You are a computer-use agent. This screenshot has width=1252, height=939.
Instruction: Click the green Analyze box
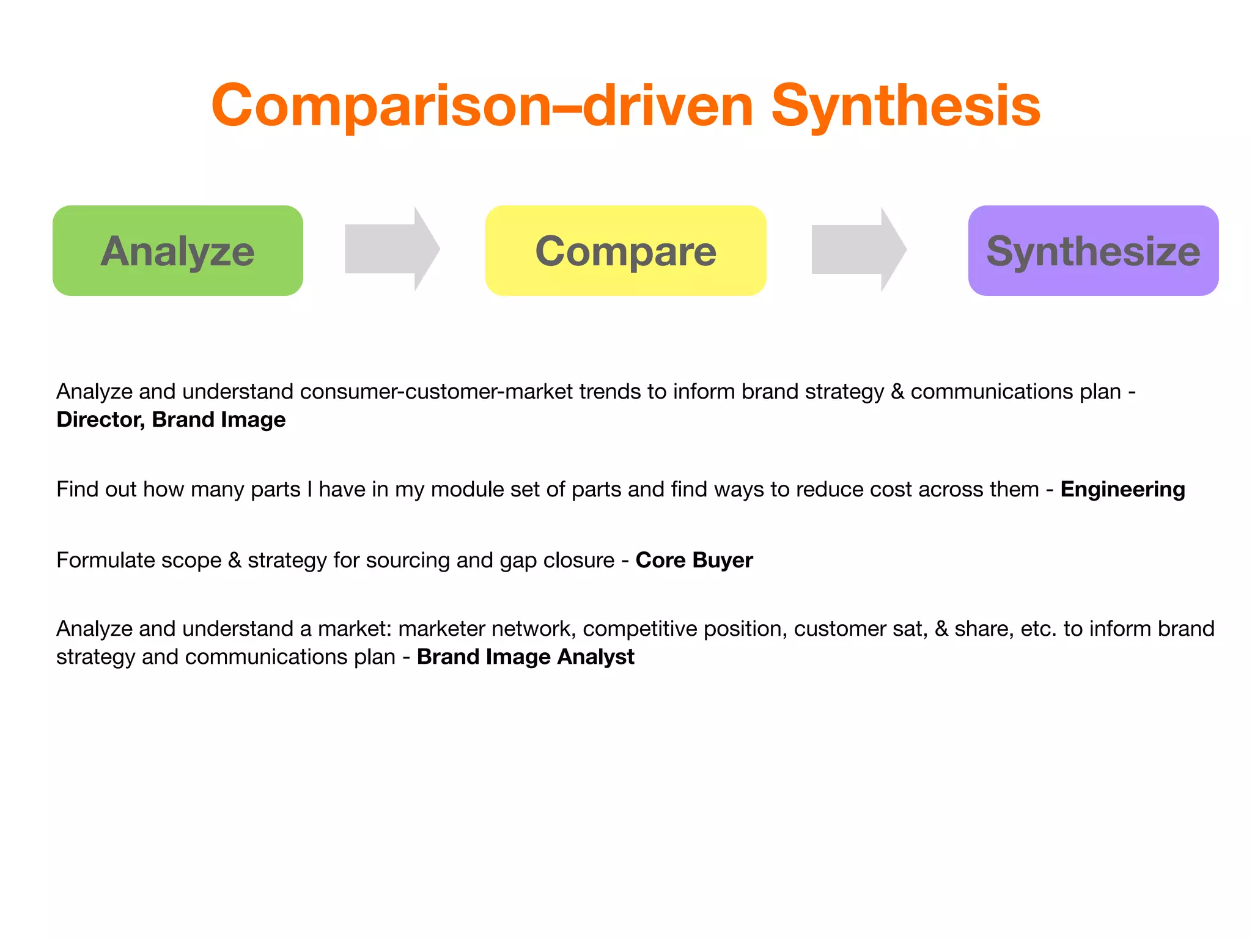coord(177,251)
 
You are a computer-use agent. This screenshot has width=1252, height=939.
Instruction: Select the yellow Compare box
coord(625,251)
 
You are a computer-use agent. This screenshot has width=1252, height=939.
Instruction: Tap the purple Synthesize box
coord(1093,251)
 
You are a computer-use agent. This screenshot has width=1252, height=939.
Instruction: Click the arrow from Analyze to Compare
coord(392,249)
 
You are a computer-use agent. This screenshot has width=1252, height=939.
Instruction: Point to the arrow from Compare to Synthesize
coord(858,249)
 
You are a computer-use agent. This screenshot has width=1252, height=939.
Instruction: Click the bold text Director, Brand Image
coord(171,419)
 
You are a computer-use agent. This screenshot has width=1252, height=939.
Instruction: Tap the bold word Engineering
coord(1122,489)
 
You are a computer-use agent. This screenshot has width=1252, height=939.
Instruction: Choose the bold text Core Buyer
coord(694,560)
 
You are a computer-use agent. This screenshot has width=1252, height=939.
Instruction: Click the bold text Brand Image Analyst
coord(525,657)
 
